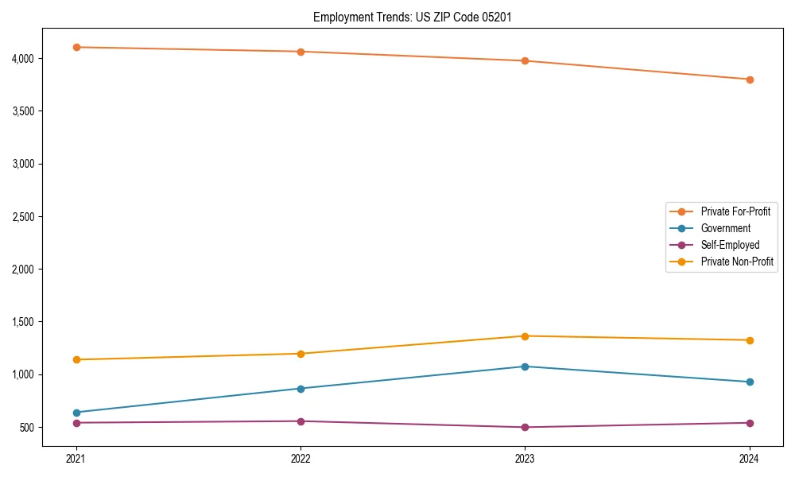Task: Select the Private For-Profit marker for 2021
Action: pyautogui.click(x=76, y=47)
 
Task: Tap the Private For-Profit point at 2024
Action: pyautogui.click(x=750, y=79)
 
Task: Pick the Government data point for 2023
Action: pyautogui.click(x=525, y=366)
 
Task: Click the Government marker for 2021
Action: pyautogui.click(x=76, y=413)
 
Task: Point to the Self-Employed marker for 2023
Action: pyautogui.click(x=525, y=427)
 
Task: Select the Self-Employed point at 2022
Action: pyautogui.click(x=301, y=421)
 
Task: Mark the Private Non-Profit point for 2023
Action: pyautogui.click(x=525, y=336)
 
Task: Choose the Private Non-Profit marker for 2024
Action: pyautogui.click(x=750, y=340)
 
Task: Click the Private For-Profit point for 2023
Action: pyautogui.click(x=525, y=60)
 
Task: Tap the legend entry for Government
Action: pyautogui.click(x=725, y=228)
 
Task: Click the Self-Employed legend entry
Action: pyautogui.click(x=730, y=245)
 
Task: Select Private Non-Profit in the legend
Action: pyautogui.click(x=737, y=262)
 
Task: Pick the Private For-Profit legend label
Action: pyautogui.click(x=735, y=211)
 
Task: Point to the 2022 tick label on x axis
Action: pyautogui.click(x=301, y=459)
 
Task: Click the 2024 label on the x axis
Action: pyautogui.click(x=750, y=459)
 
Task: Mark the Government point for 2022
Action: pyautogui.click(x=301, y=389)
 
